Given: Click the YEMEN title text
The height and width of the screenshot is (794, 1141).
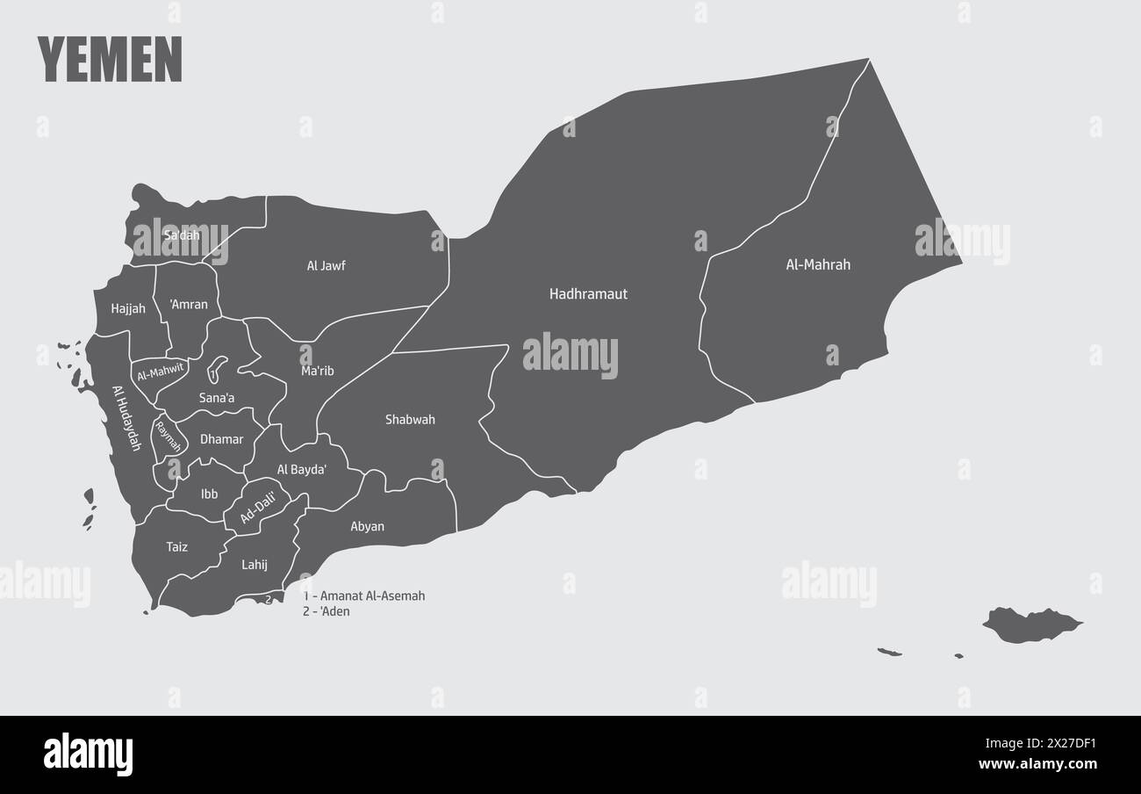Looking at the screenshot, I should [x=110, y=60].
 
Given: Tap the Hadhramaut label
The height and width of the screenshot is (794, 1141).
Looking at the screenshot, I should [x=588, y=294].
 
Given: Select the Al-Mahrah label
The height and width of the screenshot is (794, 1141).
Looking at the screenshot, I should [x=817, y=264].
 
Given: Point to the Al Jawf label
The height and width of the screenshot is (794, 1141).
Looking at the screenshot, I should [x=326, y=265].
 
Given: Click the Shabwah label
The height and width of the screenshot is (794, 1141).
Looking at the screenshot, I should [x=410, y=420].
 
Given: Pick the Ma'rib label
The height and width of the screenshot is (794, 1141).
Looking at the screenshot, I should [x=318, y=372].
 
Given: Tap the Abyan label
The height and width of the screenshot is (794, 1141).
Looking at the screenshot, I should [x=367, y=527].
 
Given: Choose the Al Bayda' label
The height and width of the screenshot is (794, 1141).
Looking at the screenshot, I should [x=302, y=470].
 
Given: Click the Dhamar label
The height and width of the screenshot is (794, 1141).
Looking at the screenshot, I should [x=221, y=439].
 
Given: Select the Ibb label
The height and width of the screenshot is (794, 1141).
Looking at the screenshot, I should [x=209, y=494].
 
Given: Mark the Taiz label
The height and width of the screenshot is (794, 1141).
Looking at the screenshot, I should [x=176, y=547].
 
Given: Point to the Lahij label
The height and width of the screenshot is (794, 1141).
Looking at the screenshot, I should [x=254, y=565].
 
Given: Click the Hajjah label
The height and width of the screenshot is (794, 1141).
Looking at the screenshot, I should [x=128, y=309].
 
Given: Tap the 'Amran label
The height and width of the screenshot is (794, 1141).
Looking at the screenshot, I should [x=189, y=305].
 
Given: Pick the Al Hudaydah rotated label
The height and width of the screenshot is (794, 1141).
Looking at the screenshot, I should [x=126, y=418].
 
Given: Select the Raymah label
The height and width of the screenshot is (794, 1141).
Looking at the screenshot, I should [x=168, y=437].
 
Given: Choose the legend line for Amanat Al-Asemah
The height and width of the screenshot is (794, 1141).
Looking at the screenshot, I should [x=364, y=595].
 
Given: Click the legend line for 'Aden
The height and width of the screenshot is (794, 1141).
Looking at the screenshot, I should [x=327, y=611].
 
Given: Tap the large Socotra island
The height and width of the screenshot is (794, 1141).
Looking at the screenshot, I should [x=1031, y=624].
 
